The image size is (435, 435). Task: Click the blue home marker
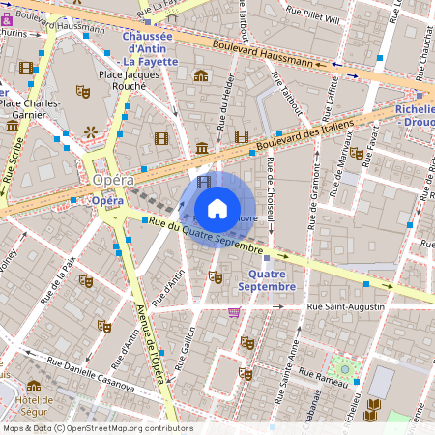click(217, 209)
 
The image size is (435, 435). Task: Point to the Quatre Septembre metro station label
click(266, 280)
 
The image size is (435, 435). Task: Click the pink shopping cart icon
click(234, 312)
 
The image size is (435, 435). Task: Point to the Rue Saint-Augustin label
click(345, 306)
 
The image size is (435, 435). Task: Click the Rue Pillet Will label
click(311, 17)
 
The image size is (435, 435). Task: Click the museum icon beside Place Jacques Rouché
click(201, 75)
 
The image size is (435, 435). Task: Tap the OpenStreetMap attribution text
click(97, 428)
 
